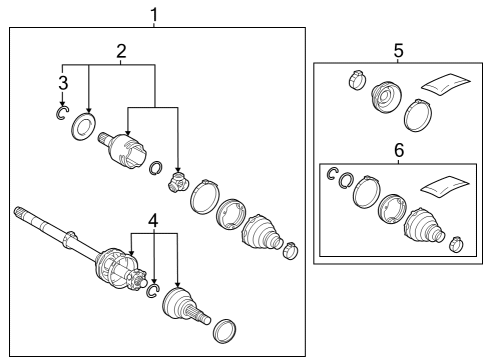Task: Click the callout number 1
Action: (x=154, y=15)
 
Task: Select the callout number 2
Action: (x=121, y=51)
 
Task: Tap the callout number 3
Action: (x=63, y=83)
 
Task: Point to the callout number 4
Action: (x=153, y=221)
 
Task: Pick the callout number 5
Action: (x=398, y=51)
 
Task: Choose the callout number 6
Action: (x=399, y=150)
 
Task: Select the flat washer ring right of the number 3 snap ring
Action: (x=83, y=127)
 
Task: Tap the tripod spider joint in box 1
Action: (x=178, y=183)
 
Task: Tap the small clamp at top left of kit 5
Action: (x=357, y=80)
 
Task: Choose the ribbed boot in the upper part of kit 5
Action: (x=386, y=96)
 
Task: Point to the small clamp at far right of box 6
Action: (x=456, y=245)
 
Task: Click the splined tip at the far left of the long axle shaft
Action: (x=20, y=213)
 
